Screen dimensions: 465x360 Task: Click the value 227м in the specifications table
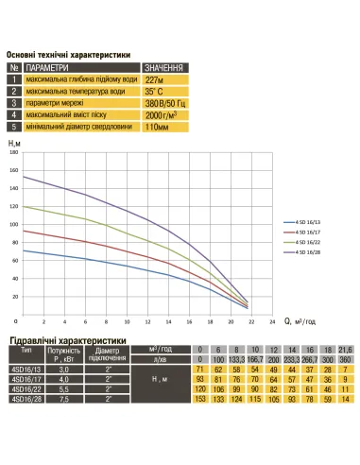coord(158,80)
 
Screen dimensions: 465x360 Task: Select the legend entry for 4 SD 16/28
coord(308,252)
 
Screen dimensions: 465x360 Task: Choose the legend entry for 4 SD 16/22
coord(308,242)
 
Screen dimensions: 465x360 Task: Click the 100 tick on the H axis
coord(14,224)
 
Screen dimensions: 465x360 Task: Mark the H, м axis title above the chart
coord(13,140)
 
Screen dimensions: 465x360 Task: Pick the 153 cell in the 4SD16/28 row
coord(199,400)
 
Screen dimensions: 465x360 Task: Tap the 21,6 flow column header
coord(345,350)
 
